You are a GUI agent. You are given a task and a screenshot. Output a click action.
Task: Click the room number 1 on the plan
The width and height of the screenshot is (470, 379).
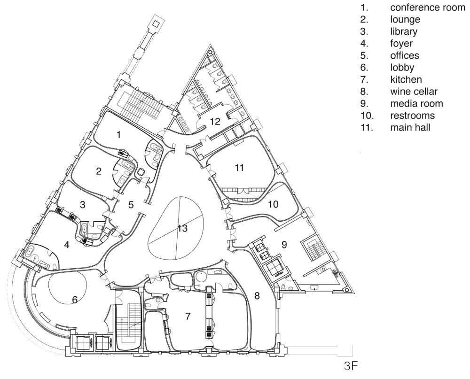(x=119, y=135)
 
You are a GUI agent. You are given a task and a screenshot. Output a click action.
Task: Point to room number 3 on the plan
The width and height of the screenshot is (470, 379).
(x=83, y=205)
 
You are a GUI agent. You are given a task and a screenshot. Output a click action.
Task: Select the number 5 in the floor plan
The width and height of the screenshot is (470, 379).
(x=131, y=205)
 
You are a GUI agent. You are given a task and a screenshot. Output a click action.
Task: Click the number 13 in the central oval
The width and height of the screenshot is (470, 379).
(x=182, y=228)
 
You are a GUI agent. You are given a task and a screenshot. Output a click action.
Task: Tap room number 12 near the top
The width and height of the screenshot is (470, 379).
(x=215, y=121)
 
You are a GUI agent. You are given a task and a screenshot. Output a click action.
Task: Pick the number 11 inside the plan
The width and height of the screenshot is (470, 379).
(x=239, y=168)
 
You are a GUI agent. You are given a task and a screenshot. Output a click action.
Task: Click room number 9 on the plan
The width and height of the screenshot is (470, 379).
(x=284, y=245)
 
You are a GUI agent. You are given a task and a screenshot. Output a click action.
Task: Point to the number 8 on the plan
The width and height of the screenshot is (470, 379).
(x=257, y=296)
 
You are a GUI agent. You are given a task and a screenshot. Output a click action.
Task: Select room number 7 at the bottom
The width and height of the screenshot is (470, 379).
(x=188, y=316)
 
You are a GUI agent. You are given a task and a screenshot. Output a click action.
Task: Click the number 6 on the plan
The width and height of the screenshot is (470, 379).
(x=75, y=300)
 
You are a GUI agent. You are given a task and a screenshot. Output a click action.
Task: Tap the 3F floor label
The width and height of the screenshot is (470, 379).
(x=351, y=366)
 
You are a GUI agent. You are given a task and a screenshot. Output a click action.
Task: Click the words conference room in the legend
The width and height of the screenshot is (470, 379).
(x=428, y=7)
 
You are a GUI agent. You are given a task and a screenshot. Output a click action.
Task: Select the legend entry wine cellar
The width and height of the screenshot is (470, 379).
(x=414, y=92)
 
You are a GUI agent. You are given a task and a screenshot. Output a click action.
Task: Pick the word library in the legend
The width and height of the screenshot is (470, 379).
(x=404, y=31)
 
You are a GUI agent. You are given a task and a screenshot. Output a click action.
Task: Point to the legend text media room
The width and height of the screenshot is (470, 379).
(x=416, y=103)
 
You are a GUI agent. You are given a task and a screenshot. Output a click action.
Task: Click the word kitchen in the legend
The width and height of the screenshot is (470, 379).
(x=406, y=79)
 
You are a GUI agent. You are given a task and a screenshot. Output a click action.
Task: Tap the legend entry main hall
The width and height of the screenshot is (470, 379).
(x=410, y=127)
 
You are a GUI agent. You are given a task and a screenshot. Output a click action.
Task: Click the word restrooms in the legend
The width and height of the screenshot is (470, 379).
(x=413, y=116)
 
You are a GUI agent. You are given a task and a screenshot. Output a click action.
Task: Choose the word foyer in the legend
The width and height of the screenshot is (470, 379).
(x=401, y=44)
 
